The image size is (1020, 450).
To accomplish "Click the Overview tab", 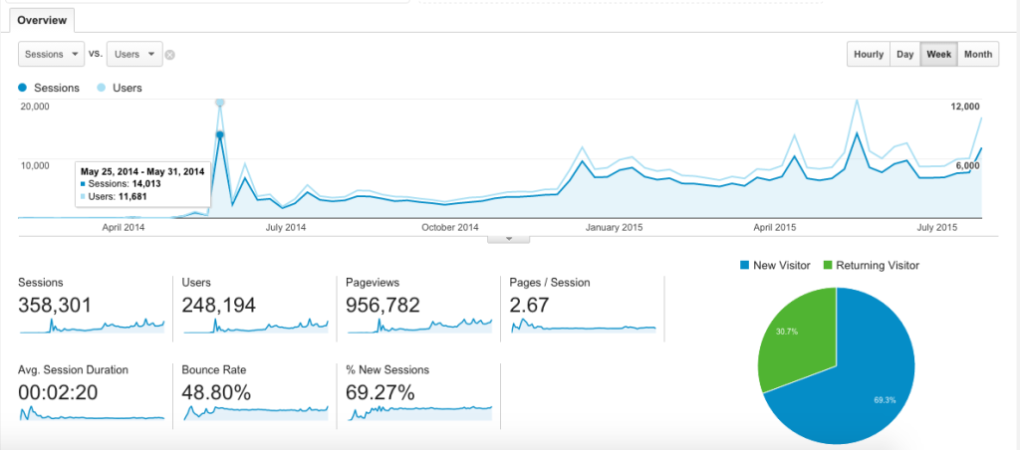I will (40, 19).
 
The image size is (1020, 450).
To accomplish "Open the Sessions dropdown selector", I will (51, 54).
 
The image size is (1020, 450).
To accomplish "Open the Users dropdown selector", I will (134, 54).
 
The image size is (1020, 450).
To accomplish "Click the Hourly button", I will (868, 55).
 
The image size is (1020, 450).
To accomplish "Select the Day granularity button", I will (904, 55).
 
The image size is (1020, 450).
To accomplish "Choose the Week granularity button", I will (938, 55).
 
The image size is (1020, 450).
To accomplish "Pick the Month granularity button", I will (977, 55).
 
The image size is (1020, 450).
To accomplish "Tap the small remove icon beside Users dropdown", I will (170, 55).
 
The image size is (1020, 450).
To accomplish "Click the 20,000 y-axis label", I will (36, 106).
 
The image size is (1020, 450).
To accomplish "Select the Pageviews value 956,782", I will (382, 305).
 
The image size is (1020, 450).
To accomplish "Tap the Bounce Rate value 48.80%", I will (216, 392).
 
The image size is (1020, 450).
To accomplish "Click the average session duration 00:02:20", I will (58, 392).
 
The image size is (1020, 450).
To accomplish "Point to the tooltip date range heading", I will (142, 171).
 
